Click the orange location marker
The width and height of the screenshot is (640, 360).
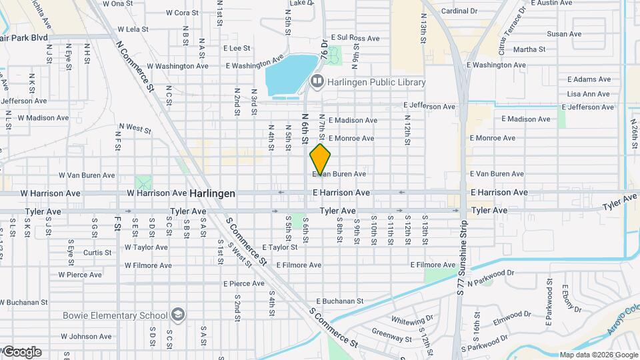(321, 159)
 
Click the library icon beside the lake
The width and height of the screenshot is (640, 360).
(317, 81)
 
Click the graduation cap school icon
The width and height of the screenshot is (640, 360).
(178, 314)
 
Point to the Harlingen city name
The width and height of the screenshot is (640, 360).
(212, 193)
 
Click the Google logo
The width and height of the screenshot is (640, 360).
(22, 352)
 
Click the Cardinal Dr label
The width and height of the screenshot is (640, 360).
(459, 11)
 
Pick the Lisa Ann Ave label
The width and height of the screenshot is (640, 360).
(587, 94)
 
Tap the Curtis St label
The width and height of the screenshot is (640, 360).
(97, 253)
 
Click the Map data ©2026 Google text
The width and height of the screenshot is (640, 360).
(598, 355)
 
